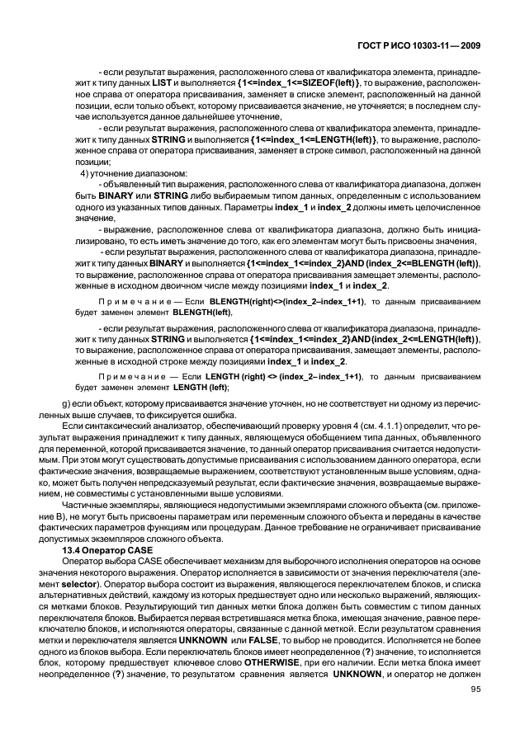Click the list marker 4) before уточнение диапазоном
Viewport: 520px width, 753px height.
85,174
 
